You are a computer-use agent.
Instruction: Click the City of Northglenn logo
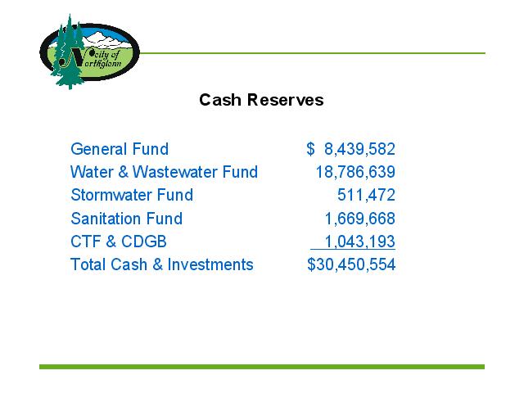click(x=89, y=52)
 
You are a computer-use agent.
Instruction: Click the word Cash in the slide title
click(x=220, y=100)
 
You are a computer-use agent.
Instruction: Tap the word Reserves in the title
click(x=286, y=100)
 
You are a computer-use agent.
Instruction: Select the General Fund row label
click(x=120, y=149)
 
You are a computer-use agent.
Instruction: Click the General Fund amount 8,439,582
click(x=359, y=149)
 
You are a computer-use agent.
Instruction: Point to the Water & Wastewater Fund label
click(x=164, y=172)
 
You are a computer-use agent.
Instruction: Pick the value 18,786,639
click(x=355, y=172)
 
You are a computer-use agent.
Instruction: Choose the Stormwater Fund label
click(x=132, y=195)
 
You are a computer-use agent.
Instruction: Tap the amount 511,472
click(x=366, y=195)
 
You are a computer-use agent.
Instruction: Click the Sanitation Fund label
click(x=127, y=219)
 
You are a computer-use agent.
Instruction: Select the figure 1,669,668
click(x=360, y=219)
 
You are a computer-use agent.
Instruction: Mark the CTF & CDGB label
click(x=119, y=242)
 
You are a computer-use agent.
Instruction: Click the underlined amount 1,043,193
click(x=360, y=242)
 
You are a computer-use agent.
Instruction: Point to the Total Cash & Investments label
click(x=162, y=264)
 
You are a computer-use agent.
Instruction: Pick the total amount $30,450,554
click(x=351, y=264)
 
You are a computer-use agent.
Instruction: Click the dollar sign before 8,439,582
click(x=310, y=149)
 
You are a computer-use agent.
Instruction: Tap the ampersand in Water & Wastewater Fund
click(x=123, y=172)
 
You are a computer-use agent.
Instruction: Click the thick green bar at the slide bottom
click(x=262, y=367)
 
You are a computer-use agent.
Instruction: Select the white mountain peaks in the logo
click(x=106, y=39)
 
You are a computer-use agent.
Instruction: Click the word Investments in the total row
click(x=210, y=264)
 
